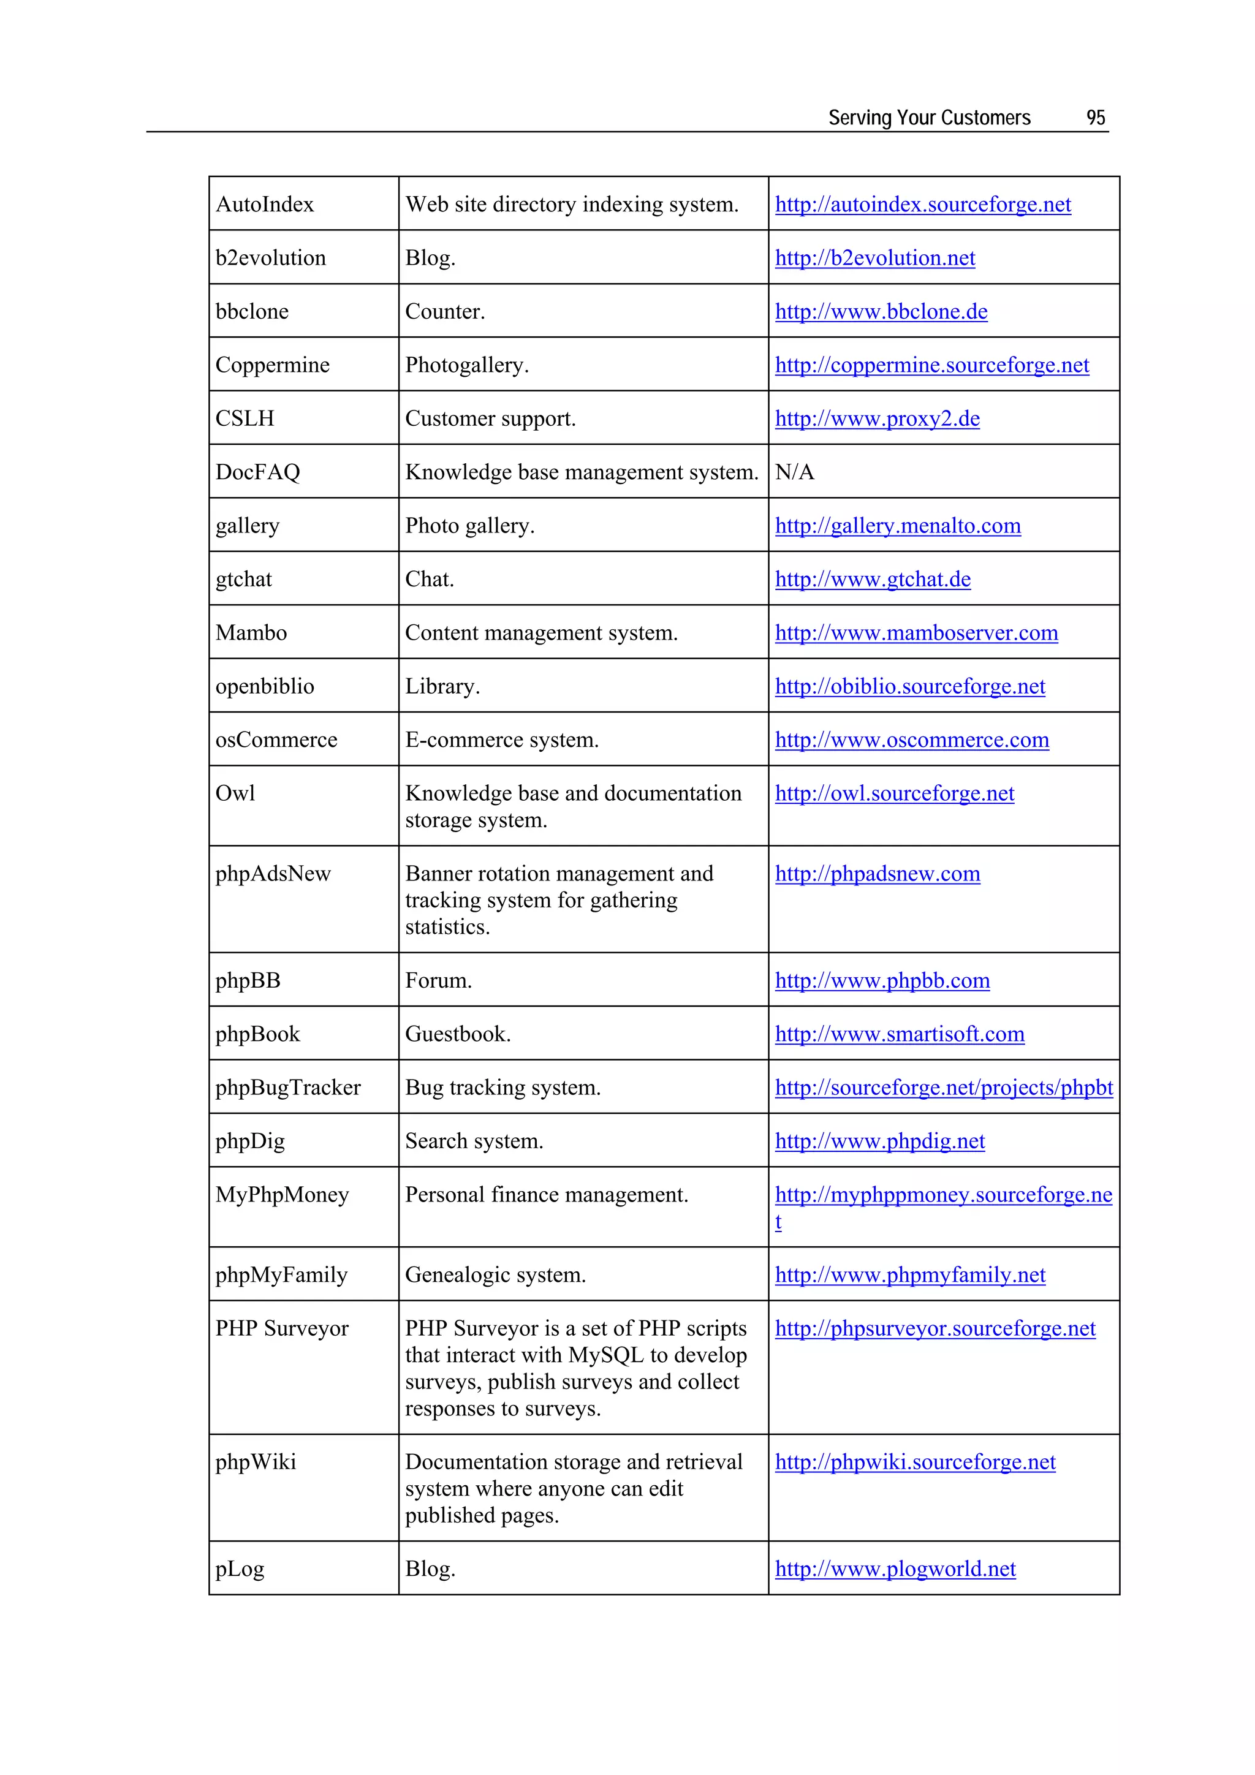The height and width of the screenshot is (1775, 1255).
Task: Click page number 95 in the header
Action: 1095,118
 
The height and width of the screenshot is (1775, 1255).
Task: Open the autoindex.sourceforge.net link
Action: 922,204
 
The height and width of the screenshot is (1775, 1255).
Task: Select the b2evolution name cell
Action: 271,257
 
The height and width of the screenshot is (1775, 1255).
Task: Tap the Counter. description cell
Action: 445,311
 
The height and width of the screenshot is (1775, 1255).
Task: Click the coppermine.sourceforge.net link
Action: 932,365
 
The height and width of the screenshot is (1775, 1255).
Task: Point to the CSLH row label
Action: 245,418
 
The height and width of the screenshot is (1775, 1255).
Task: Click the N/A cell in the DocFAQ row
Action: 794,472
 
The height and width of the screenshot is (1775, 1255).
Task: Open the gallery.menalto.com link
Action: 897,526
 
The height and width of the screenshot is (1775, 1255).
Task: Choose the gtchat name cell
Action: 243,579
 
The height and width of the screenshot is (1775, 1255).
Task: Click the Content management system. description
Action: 541,632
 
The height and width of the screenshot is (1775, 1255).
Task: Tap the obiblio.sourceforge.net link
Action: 909,686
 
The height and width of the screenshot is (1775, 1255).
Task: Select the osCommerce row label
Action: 276,740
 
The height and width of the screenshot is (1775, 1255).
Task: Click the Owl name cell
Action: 235,793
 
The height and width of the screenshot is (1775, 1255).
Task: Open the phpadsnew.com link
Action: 877,874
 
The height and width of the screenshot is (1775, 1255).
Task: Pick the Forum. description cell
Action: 438,980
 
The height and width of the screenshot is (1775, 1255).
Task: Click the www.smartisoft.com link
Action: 900,1034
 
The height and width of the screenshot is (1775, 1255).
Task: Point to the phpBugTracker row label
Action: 287,1088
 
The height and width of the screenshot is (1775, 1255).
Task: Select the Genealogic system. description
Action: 495,1275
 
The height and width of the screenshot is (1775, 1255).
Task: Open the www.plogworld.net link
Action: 895,1569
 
